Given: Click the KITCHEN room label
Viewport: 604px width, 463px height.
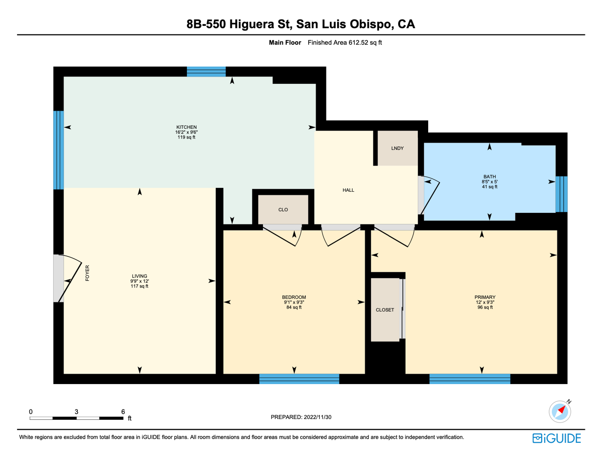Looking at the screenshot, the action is (186, 127).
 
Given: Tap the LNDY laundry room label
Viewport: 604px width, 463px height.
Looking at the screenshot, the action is (397, 148).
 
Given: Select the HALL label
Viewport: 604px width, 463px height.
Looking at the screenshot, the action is (348, 190).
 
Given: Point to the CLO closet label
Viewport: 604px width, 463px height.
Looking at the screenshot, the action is (283, 210).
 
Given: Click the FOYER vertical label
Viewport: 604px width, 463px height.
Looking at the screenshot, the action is (87, 273).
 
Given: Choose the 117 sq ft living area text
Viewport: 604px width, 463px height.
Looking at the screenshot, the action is (139, 286).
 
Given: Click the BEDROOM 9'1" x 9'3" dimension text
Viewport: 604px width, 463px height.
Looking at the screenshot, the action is (294, 302).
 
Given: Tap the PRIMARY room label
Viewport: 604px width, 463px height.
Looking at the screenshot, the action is (485, 297).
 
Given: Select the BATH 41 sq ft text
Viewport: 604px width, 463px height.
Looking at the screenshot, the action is (489, 187).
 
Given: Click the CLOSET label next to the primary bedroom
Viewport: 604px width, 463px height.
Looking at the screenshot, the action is (385, 310).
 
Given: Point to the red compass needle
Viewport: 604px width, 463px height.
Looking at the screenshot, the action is (562, 410).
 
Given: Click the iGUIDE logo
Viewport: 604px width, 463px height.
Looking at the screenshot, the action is (556, 438).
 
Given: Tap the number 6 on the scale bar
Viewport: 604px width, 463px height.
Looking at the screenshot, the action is (123, 411).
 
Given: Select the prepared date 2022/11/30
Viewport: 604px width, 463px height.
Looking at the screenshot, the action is (317, 417).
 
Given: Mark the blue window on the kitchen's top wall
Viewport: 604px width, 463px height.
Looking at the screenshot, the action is (206, 72).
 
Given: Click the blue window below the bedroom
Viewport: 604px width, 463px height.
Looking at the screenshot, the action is (299, 379).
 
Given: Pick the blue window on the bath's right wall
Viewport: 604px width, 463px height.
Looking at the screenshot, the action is (561, 194).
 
